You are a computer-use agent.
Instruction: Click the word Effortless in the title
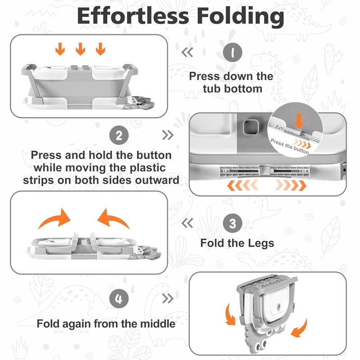[133, 16]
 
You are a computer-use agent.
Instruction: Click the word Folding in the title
[240, 17]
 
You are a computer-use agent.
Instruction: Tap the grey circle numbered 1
[232, 52]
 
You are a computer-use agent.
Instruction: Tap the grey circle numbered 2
[119, 135]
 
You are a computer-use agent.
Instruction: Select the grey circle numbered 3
[232, 223]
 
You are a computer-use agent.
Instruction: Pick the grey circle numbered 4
[119, 299]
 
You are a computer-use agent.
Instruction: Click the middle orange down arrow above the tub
[81, 49]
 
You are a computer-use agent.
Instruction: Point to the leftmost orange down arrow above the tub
[60, 49]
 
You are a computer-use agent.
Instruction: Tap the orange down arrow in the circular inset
[299, 121]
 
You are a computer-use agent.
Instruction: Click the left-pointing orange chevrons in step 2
[243, 185]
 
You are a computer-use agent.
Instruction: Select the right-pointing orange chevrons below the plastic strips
[291, 185]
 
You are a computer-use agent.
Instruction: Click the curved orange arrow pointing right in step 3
[55, 218]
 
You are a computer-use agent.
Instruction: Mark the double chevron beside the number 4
[167, 298]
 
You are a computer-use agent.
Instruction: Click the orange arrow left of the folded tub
[230, 314]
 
